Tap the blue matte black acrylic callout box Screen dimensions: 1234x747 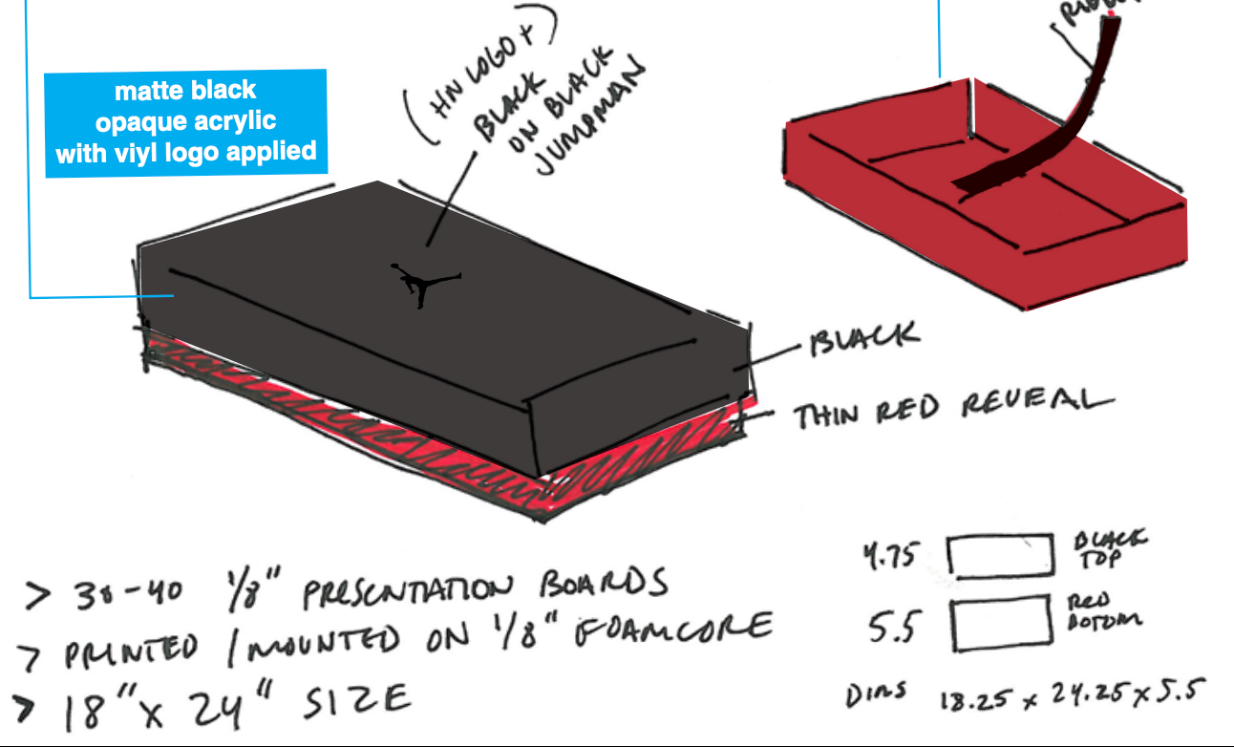(186, 122)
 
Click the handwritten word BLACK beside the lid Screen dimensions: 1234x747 (864, 340)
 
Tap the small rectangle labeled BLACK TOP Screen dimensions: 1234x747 (997, 556)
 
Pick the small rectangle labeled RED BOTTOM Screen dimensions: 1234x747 (999, 622)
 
